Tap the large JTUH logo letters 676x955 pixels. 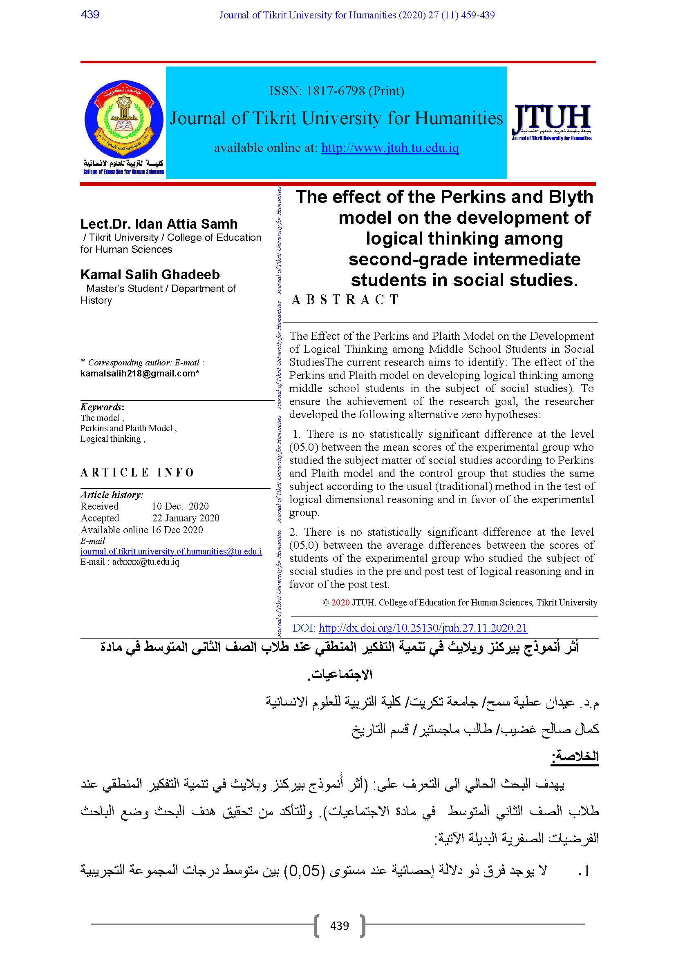click(x=551, y=117)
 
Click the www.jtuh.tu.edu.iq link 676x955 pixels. click(x=390, y=148)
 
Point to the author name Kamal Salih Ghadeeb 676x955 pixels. click(x=150, y=274)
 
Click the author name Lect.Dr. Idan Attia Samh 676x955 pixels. click(x=159, y=224)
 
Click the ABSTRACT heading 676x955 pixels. click(x=345, y=300)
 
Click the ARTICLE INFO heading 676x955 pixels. click(x=137, y=472)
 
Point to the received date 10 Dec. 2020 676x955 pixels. click(x=180, y=506)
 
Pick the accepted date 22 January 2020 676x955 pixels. click(x=185, y=518)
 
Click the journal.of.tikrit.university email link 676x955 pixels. click(x=171, y=552)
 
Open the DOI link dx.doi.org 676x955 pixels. click(x=423, y=628)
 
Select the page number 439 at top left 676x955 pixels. click(x=90, y=15)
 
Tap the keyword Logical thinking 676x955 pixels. click(x=111, y=439)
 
